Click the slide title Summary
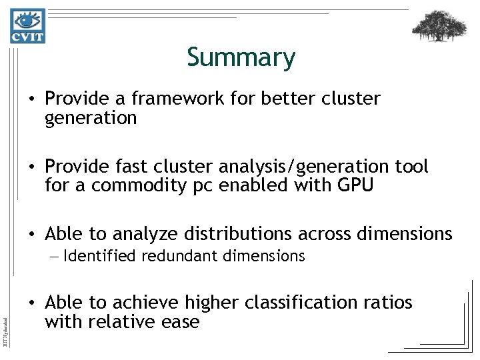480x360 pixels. click(241, 58)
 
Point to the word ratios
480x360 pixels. click(389, 303)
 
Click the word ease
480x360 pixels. click(183, 321)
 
